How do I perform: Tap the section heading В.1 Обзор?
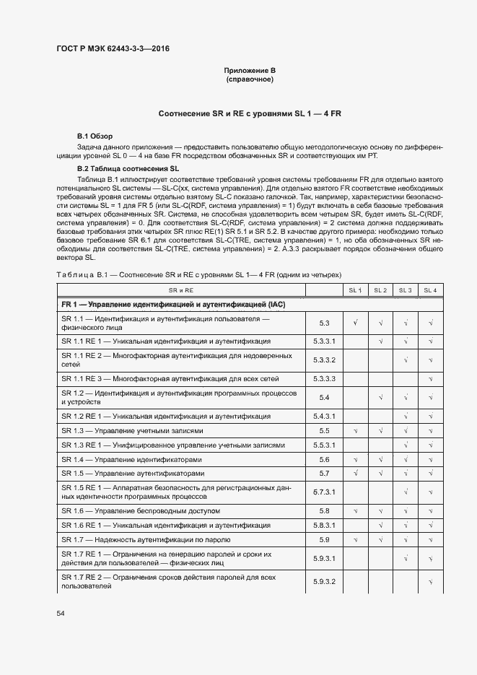coord(95,136)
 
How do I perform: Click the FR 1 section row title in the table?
coord(173,305)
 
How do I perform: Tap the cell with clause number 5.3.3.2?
coord(324,360)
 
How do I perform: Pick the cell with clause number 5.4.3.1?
coord(324,417)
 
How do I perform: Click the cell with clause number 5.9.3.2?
coord(324,581)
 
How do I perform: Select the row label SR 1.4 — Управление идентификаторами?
coord(131,460)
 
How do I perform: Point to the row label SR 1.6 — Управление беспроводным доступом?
coord(141,511)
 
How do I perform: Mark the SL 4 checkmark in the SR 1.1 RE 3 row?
coord(430,378)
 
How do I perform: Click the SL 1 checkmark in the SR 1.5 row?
coord(355,474)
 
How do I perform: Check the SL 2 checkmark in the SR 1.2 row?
coord(380,397)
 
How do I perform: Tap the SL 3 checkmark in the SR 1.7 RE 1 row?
coord(406,558)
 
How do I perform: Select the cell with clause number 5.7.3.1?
coord(324,492)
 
